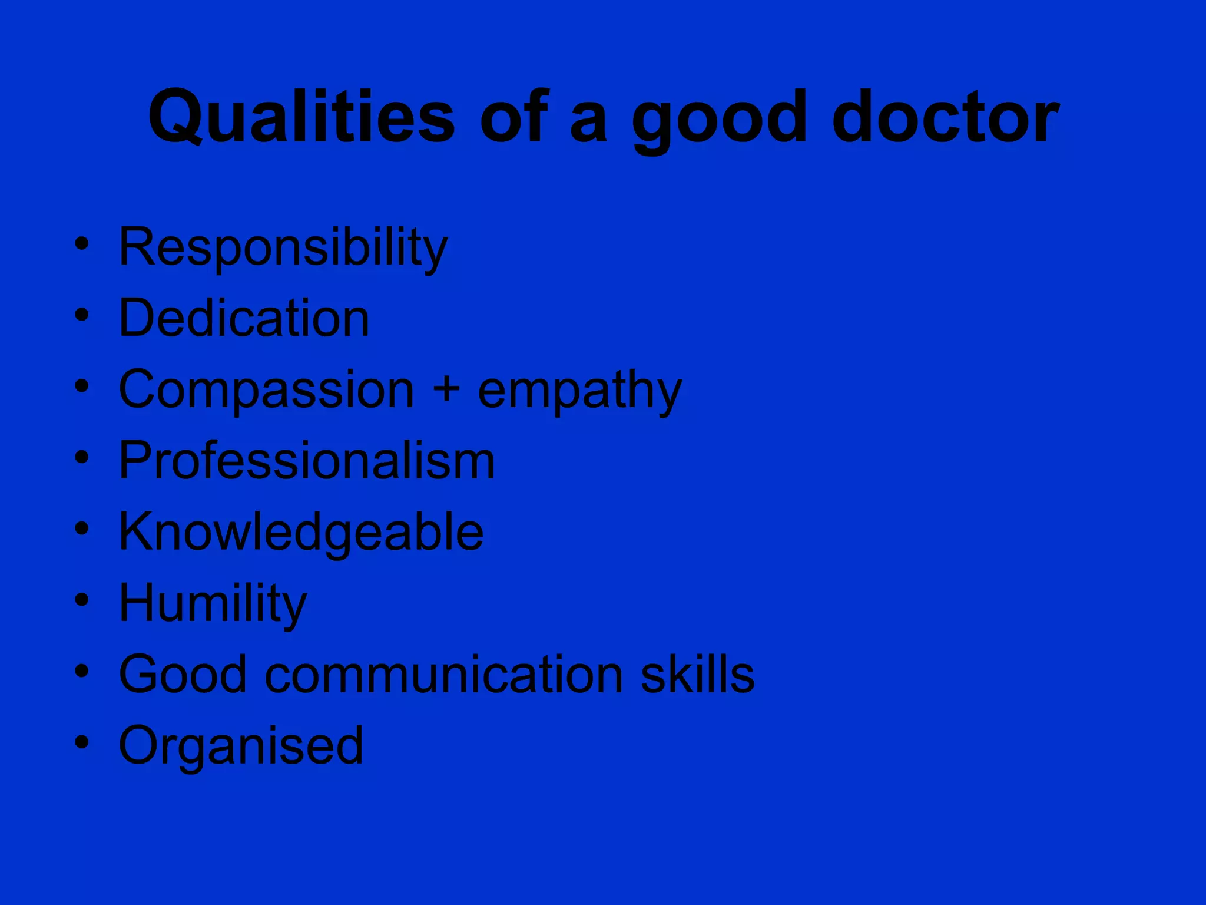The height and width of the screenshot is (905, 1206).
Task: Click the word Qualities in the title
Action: pos(301,117)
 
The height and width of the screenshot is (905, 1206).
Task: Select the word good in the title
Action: pos(718,121)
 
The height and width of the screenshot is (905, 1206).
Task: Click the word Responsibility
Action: pos(283,247)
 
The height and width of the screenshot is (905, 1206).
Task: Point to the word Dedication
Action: pos(244,318)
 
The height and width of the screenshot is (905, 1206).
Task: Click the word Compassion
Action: pos(266,390)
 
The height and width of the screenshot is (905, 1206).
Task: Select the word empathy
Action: pos(579,392)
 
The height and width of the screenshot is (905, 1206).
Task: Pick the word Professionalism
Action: pos(307,461)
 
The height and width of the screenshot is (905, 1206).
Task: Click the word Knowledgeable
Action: pos(301,533)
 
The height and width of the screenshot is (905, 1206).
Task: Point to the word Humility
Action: pos(213,604)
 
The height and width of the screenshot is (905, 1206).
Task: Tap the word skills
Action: pos(697,675)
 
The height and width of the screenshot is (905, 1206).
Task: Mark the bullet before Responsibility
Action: pos(82,243)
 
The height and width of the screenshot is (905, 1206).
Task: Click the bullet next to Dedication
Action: pos(82,315)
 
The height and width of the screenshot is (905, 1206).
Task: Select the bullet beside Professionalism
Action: pos(82,457)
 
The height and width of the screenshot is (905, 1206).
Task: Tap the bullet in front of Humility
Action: pos(82,600)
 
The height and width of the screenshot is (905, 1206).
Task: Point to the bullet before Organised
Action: pos(82,742)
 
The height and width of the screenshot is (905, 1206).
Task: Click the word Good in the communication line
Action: pos(183,675)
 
